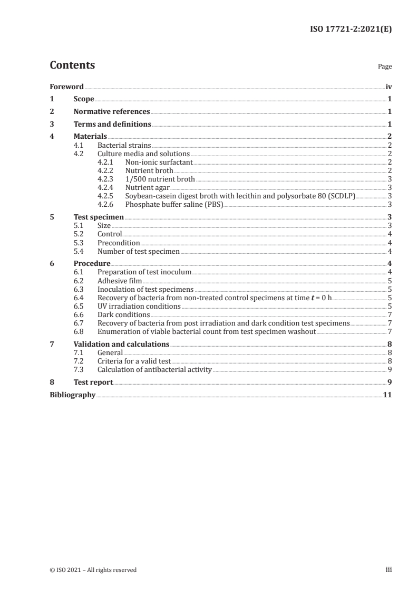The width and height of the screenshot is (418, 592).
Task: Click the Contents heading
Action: coord(72,65)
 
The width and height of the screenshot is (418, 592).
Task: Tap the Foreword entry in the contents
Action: coord(66,87)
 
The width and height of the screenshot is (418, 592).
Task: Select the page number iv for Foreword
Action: coord(388,87)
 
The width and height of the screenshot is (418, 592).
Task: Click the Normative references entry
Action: coord(112,112)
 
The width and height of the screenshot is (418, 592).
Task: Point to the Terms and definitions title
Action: coord(112,125)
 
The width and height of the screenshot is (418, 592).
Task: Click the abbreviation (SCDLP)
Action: coord(343,196)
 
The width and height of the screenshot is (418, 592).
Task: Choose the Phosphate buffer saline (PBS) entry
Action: coord(174,204)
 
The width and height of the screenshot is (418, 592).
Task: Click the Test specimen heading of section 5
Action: coord(99,217)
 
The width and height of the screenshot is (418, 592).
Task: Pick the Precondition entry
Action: coord(119,243)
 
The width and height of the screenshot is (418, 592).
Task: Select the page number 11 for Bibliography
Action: coord(387,395)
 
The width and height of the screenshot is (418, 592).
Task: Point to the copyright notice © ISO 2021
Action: coord(93,570)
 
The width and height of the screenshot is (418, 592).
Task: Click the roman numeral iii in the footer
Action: coord(388,570)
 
